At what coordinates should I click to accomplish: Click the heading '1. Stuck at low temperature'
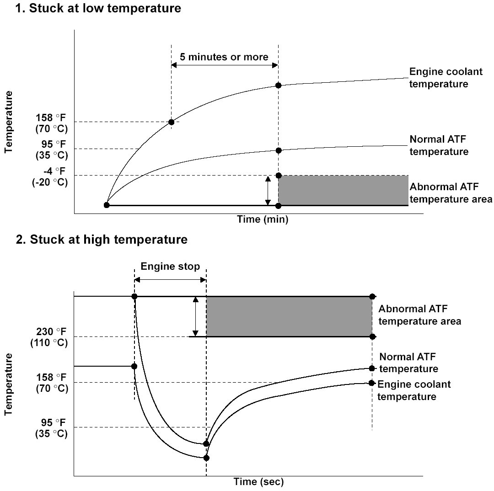pyautogui.click(x=98, y=9)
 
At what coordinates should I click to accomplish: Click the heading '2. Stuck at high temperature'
pyautogui.click(x=102, y=240)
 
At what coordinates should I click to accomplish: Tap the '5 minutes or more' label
pyautogui.click(x=224, y=57)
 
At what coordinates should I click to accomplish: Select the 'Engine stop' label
pyautogui.click(x=170, y=267)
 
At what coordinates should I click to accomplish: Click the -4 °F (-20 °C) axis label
pyautogui.click(x=51, y=176)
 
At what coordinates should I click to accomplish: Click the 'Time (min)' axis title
pyautogui.click(x=263, y=219)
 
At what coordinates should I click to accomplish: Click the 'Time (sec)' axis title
pyautogui.click(x=259, y=482)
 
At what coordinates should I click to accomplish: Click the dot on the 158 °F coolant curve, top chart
pyautogui.click(x=171, y=122)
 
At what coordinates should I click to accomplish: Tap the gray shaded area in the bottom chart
pyautogui.click(x=289, y=316)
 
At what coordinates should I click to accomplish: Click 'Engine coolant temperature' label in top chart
pyautogui.click(x=439, y=78)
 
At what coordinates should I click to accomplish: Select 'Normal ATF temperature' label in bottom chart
pyautogui.click(x=409, y=363)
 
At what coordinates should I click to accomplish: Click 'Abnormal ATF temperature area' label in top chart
pyautogui.click(x=451, y=193)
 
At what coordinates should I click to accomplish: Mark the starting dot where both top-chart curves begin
pyautogui.click(x=107, y=205)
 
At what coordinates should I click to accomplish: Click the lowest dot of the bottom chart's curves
pyautogui.click(x=206, y=458)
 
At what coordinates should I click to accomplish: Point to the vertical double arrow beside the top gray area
pyautogui.click(x=268, y=190)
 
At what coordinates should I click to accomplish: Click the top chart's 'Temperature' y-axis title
pyautogui.click(x=8, y=121)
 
